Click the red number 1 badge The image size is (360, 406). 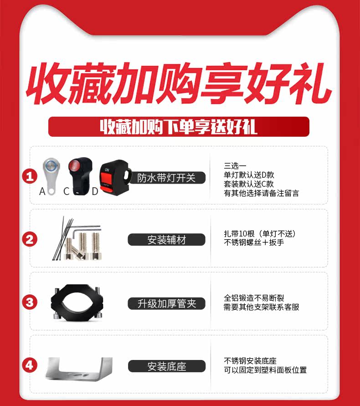pos(30,176)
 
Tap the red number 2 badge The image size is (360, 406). pos(30,239)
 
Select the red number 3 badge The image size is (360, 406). pos(30,302)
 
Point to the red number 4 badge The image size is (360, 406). pos(30,365)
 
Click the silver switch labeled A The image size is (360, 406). pos(51,175)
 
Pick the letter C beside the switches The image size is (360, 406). pos(67,191)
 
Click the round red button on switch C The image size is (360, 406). pos(74,166)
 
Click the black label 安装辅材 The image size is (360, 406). pos(166,240)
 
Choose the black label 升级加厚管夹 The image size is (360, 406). pos(166,303)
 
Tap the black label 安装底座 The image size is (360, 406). pos(167,366)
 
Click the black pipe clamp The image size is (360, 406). pos(77,303)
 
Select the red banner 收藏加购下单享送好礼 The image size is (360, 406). pos(179,127)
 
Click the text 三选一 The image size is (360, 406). pos(235,166)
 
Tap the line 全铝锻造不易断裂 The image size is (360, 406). pos(254,298)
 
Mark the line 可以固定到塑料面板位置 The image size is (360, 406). pos(265,370)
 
